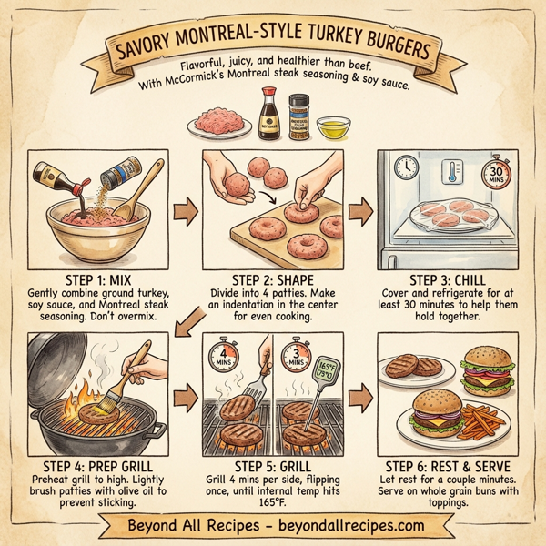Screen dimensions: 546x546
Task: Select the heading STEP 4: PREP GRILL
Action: point(91,461)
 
